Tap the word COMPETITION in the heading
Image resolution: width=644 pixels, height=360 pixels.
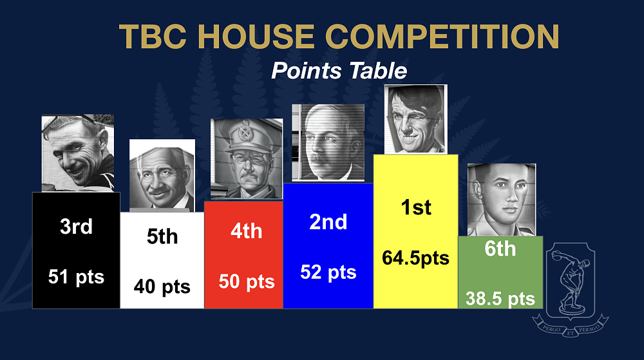point(442,37)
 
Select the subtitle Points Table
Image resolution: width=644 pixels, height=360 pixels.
point(339,71)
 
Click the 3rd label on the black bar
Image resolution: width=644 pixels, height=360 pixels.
point(77,226)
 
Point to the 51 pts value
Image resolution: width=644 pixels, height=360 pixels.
point(77,277)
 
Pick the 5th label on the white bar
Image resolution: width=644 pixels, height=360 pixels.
point(162,236)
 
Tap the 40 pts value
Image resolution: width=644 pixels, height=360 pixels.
point(162,287)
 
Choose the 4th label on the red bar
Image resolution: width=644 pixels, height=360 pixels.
point(247,231)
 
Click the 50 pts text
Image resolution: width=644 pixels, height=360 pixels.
point(247,281)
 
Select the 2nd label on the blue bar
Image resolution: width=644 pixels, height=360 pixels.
point(328,222)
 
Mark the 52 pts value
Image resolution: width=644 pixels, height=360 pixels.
point(328,272)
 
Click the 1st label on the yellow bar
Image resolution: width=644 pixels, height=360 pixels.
point(416,207)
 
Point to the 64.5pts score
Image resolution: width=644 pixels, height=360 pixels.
point(415,258)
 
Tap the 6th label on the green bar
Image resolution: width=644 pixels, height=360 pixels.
point(500,249)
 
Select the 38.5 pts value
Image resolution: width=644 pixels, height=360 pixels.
point(500,299)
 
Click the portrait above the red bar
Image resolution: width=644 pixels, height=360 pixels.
point(247,159)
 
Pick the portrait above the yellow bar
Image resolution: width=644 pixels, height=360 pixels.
point(415,119)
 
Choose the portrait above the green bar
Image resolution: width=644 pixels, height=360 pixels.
point(502,200)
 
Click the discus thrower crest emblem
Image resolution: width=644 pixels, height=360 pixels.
point(571,289)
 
